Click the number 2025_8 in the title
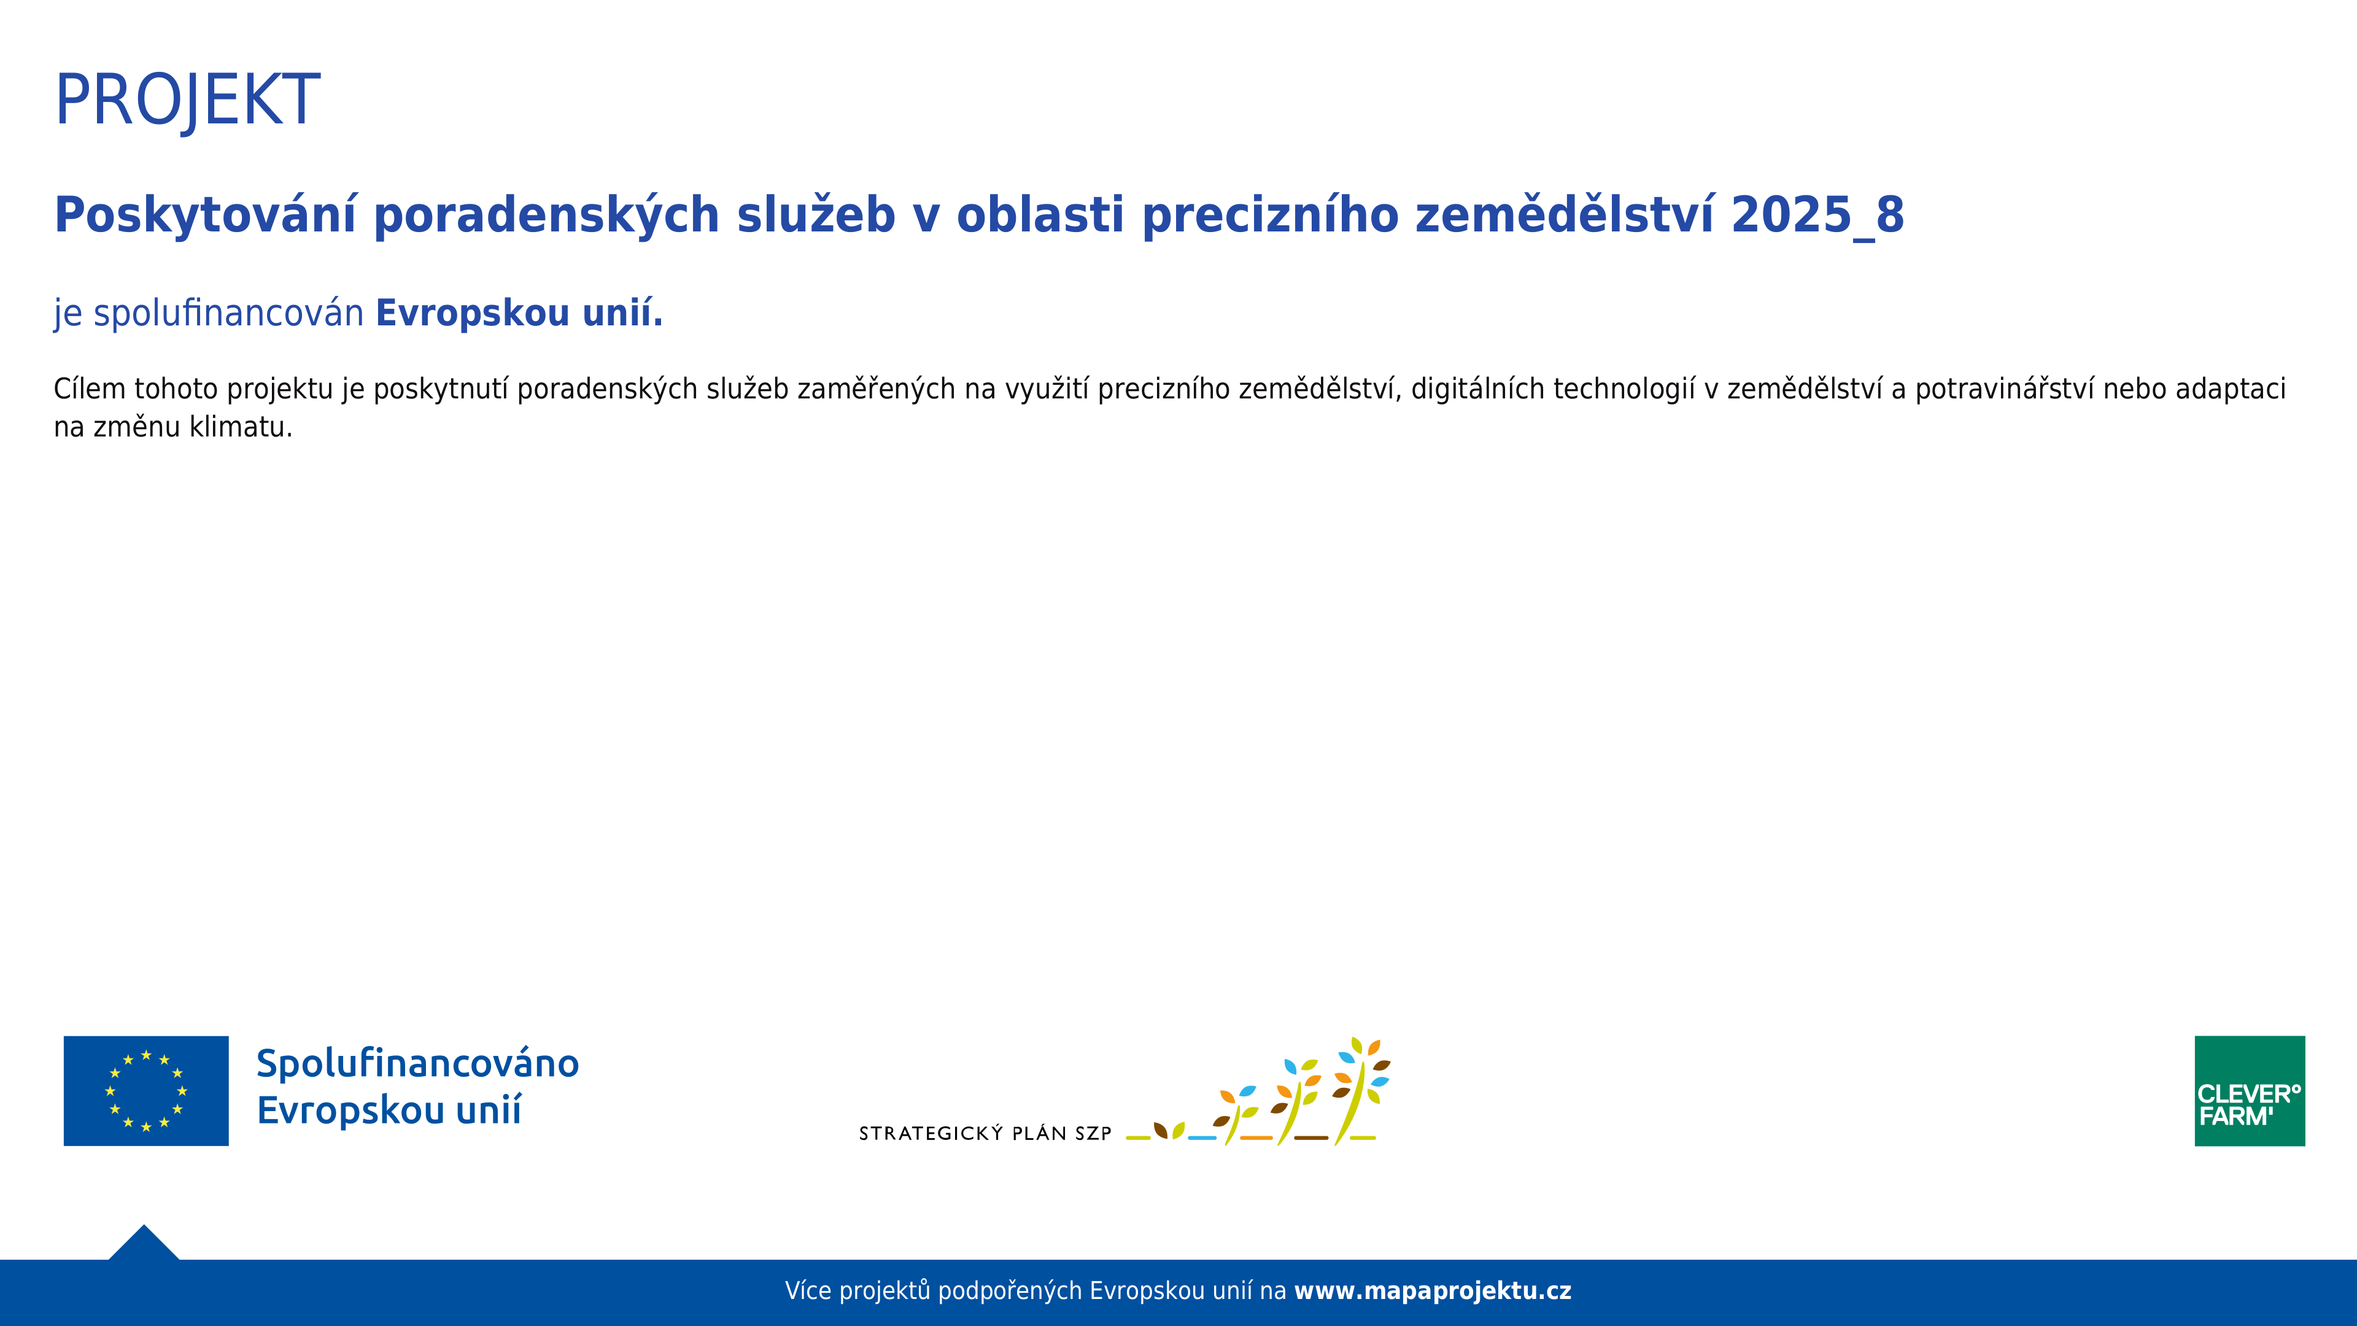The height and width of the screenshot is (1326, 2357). (1817, 216)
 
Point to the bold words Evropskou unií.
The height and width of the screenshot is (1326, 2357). (519, 313)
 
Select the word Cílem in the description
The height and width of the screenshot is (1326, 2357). (89, 389)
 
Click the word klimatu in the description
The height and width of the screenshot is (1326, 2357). (240, 427)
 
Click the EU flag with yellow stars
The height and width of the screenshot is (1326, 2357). (147, 1091)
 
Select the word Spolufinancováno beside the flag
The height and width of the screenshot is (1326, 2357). (417, 1063)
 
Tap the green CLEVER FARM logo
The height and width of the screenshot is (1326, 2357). (2249, 1091)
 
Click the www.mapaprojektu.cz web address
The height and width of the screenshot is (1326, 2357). (1432, 1291)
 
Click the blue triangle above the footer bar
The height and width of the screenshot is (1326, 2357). (144, 1244)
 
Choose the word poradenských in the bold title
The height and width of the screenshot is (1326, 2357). (546, 216)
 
